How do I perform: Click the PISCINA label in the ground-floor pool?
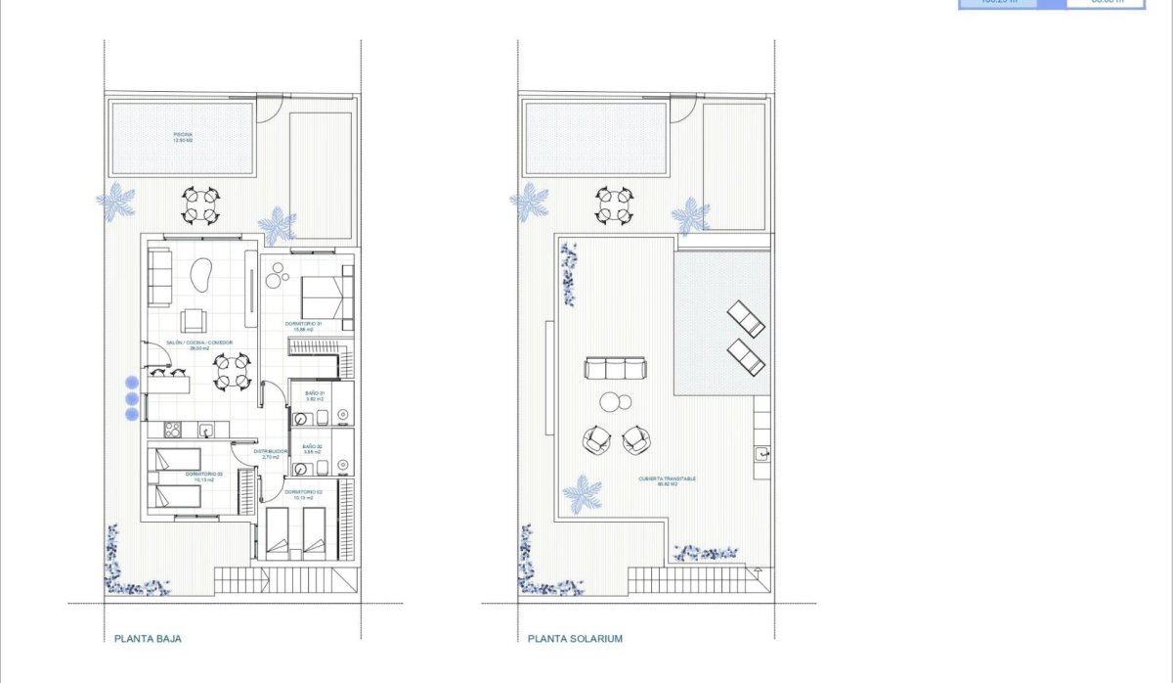pos(183,137)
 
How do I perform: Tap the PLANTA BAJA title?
pos(148,639)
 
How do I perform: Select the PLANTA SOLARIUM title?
pos(575,639)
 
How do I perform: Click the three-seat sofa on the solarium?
pos(615,369)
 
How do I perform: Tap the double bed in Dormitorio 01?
pos(322,292)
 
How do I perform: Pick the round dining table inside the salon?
pos(233,371)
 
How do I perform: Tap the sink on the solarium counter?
pos(762,453)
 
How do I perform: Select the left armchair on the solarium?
pos(595,439)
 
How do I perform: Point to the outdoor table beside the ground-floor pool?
pos(200,205)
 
